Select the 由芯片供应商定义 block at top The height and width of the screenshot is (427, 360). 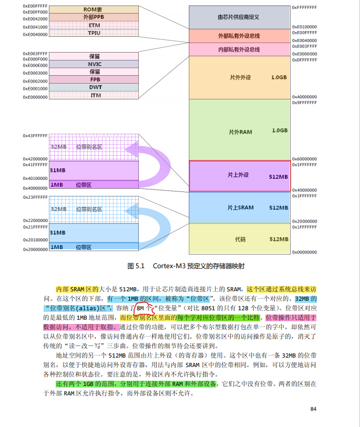239,17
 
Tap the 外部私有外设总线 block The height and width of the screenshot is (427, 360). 239,36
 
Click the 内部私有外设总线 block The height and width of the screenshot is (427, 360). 239,50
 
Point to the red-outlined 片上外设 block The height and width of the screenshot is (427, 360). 239,176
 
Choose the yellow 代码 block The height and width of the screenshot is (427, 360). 239,239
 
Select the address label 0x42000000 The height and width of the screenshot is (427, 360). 35,158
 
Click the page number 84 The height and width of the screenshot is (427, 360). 313,409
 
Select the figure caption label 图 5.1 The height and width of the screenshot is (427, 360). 136,266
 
